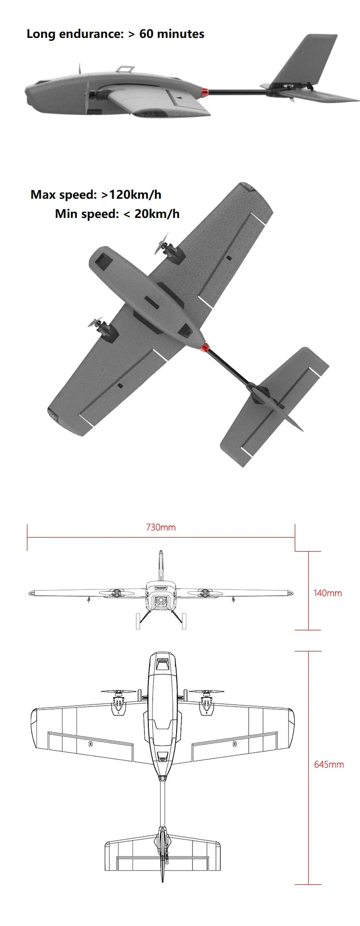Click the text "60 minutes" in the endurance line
(x=172, y=34)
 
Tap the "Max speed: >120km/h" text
(x=96, y=194)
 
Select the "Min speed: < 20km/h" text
(x=117, y=214)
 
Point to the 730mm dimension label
(x=161, y=527)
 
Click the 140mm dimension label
(x=327, y=593)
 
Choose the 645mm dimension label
(x=329, y=764)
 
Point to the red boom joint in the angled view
(x=205, y=347)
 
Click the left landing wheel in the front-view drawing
(x=138, y=622)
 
